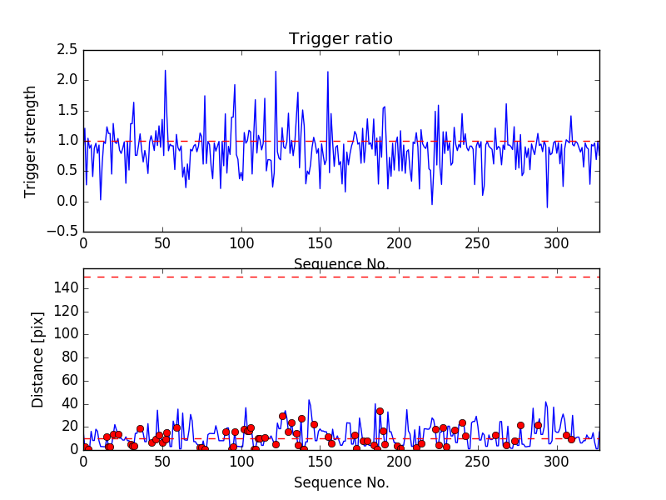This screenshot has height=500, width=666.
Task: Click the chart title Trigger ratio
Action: pyautogui.click(x=340, y=39)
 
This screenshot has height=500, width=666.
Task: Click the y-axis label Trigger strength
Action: pyautogui.click(x=31, y=141)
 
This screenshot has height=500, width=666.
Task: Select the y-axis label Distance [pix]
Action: pyautogui.click(x=38, y=367)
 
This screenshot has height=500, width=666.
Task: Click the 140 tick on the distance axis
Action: pyautogui.click(x=67, y=288)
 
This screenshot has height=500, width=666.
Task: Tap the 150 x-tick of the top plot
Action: pyautogui.click(x=321, y=244)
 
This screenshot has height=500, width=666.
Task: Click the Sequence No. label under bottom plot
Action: pyautogui.click(x=340, y=482)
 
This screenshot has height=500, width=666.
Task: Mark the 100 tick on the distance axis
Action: pyautogui.click(x=67, y=334)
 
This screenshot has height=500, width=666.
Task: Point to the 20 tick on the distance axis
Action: pyautogui.click(x=70, y=427)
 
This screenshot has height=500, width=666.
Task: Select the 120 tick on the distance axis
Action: pyautogui.click(x=67, y=312)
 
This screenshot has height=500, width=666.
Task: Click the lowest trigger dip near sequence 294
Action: pyautogui.click(x=547, y=207)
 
